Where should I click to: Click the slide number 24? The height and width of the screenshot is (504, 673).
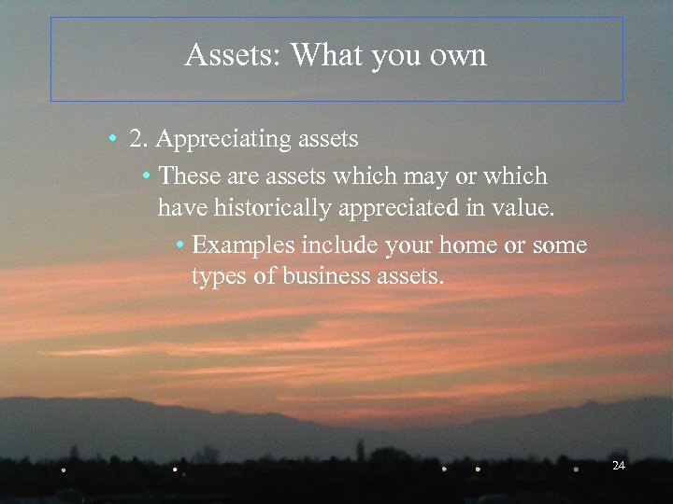618,465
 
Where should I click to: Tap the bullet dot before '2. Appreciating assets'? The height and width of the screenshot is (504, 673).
111,141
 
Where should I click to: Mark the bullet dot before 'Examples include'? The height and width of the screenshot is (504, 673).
179,246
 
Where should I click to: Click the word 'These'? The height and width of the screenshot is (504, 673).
186,175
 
